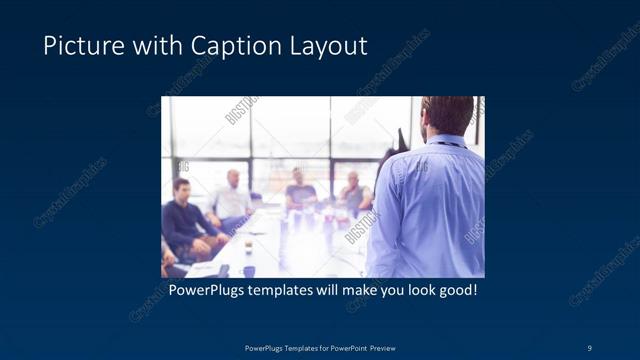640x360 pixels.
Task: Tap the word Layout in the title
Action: pyautogui.click(x=330, y=46)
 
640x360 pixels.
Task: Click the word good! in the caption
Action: pyautogui.click(x=455, y=291)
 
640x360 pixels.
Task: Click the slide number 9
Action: pyautogui.click(x=591, y=347)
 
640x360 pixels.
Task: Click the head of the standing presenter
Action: pyautogui.click(x=446, y=114)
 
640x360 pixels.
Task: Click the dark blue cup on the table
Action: pyautogui.click(x=248, y=271)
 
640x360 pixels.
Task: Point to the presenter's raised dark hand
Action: pyautogui.click(x=401, y=139)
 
